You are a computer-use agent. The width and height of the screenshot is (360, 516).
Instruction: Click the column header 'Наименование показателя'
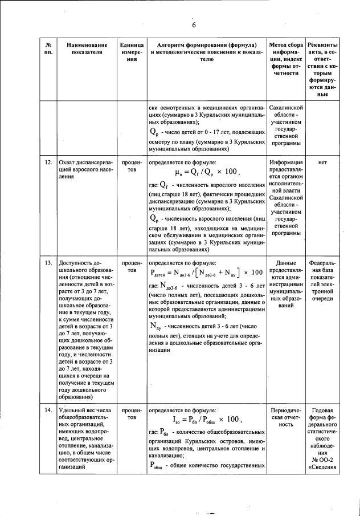coord(87,49)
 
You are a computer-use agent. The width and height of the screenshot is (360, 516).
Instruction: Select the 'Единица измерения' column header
coord(132,54)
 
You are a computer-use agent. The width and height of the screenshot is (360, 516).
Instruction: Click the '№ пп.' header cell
coord(48,49)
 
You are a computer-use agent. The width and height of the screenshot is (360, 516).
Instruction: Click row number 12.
coord(48,162)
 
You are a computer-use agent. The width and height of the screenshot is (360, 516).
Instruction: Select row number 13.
coord(48,263)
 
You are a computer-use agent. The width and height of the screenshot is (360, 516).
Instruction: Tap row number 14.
coord(48,410)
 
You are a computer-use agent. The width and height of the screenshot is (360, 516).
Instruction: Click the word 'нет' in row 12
coord(322,162)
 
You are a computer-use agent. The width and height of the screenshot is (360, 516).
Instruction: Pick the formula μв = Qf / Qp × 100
coord(207,172)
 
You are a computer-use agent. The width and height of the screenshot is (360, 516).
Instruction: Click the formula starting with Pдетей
coord(207,273)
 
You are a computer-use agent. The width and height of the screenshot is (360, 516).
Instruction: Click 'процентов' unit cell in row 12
coord(132,166)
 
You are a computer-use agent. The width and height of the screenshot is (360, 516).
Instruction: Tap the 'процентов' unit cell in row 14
coord(132,413)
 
